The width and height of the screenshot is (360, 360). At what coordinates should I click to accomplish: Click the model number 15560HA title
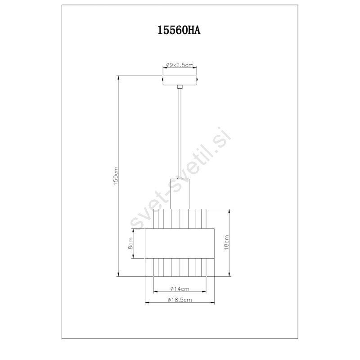pos(179,30)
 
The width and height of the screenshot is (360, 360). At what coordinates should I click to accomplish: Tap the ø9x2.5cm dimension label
pos(180,65)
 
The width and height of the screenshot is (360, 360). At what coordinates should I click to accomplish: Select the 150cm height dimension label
pos(116,176)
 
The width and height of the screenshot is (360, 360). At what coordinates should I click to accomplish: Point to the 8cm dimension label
pos(130,243)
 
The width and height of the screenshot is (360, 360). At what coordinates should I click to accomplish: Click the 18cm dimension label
pos(226,243)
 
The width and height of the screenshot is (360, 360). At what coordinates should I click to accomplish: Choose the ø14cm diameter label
pos(180,289)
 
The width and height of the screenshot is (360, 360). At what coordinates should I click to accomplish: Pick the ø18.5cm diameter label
pos(180,300)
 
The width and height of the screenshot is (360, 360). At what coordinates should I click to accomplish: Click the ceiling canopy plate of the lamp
pos(180,80)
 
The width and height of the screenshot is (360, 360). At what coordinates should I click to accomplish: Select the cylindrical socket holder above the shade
pos(180,194)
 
